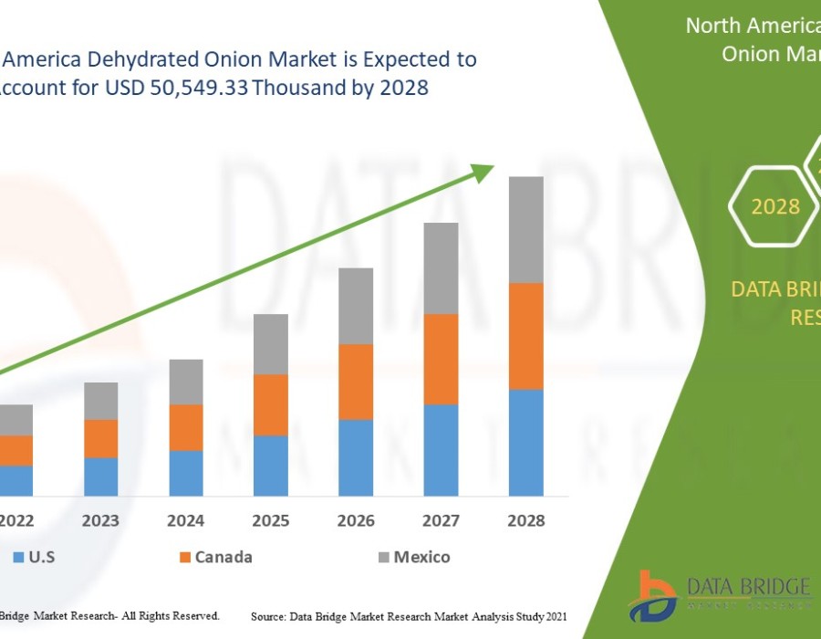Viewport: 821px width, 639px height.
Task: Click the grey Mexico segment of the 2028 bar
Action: click(x=525, y=229)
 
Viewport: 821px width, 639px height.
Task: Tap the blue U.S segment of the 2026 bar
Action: click(x=356, y=457)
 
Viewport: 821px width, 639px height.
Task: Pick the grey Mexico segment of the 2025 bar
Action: click(x=271, y=344)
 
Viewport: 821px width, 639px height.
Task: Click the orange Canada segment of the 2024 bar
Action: click(x=186, y=427)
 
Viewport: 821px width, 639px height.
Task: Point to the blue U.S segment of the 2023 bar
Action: click(x=101, y=477)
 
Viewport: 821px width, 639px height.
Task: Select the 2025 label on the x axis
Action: click(x=271, y=521)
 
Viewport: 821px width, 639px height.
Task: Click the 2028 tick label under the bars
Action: click(x=525, y=521)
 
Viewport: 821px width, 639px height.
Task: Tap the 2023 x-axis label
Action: click(x=101, y=521)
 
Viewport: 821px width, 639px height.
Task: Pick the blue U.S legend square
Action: click(x=19, y=557)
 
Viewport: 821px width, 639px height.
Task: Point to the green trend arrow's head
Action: click(x=483, y=171)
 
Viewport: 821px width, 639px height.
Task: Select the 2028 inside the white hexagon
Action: click(x=775, y=206)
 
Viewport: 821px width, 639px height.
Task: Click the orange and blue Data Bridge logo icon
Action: click(x=657, y=595)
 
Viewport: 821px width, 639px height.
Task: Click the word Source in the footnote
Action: click(x=271, y=618)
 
